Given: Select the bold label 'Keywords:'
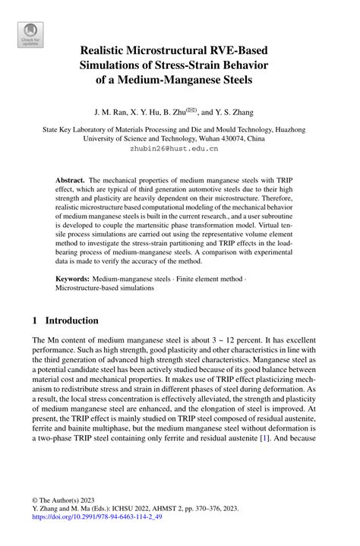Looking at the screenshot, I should pyautogui.click(x=75, y=279).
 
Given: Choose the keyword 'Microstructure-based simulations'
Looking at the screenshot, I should pyautogui.click(x=104, y=289).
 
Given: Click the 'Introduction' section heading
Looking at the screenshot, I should pyautogui.click(x=74, y=320).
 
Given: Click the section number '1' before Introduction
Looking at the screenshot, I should pyautogui.click(x=36, y=320).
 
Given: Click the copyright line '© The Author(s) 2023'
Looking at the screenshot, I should pyautogui.click(x=65, y=500).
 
